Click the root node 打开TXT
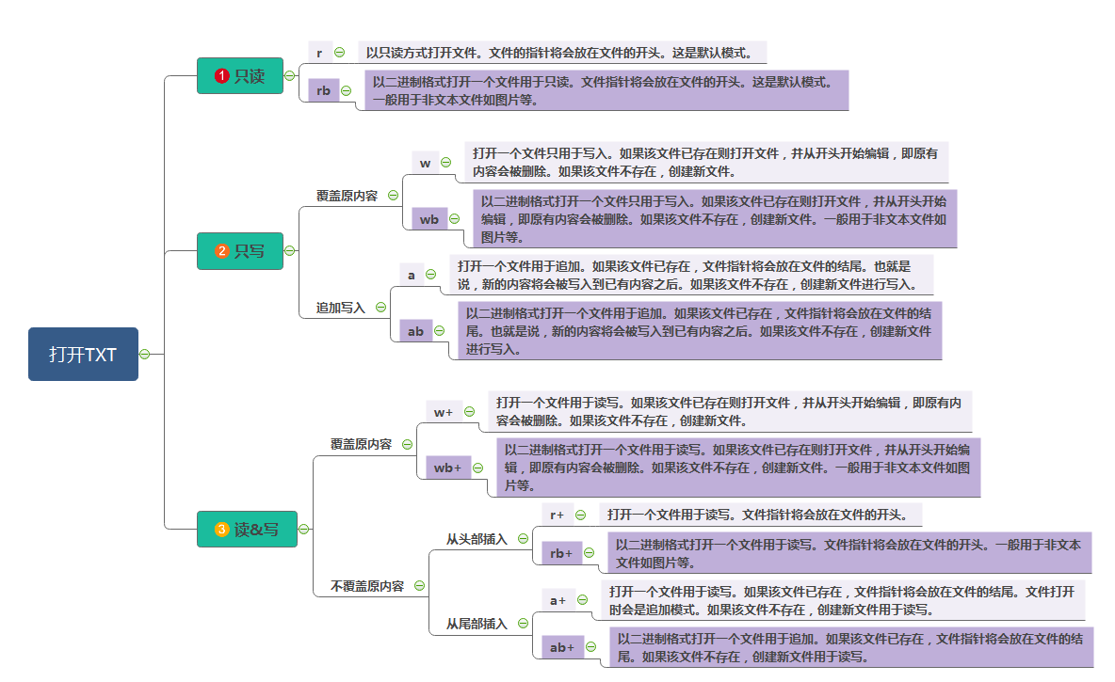point(83,354)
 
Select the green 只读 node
point(239,76)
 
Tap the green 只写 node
point(239,251)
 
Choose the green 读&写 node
point(247,530)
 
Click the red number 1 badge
point(222,76)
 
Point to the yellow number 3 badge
point(222,530)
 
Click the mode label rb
point(323,90)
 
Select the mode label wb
point(428,219)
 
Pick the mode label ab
point(414,330)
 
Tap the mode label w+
point(443,412)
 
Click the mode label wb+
point(446,468)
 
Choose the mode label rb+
point(561,553)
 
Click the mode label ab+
point(562,647)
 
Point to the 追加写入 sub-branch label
point(340,308)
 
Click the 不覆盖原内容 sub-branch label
point(366,586)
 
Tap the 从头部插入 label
point(477,539)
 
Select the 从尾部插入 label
point(477,624)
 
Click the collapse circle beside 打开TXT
point(145,354)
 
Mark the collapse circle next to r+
point(580,515)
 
